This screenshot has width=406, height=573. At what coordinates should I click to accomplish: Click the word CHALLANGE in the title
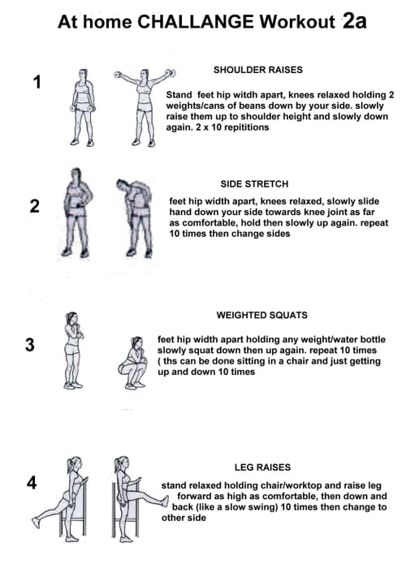tap(196, 22)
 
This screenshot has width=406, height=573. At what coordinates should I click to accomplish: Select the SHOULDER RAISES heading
tap(258, 70)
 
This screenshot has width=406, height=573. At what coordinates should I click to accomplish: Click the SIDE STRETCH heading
tap(254, 183)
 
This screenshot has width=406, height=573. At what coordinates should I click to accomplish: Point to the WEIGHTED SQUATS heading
tap(262, 315)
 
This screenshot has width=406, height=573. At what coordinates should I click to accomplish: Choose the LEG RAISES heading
tap(262, 467)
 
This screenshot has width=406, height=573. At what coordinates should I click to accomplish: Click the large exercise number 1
tap(37, 82)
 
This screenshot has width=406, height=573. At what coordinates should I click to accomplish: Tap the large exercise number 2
tap(35, 206)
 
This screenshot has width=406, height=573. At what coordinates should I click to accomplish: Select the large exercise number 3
tap(30, 345)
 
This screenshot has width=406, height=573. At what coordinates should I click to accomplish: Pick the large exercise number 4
tap(32, 483)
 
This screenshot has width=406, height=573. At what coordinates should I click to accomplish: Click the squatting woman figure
tap(133, 363)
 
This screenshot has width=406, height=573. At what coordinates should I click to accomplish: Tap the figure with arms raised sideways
tap(145, 108)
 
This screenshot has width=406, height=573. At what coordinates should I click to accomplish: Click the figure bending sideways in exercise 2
tap(135, 218)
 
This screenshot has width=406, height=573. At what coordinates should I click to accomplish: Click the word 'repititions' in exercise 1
tap(247, 127)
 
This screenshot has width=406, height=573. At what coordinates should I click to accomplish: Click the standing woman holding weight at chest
tap(74, 351)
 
